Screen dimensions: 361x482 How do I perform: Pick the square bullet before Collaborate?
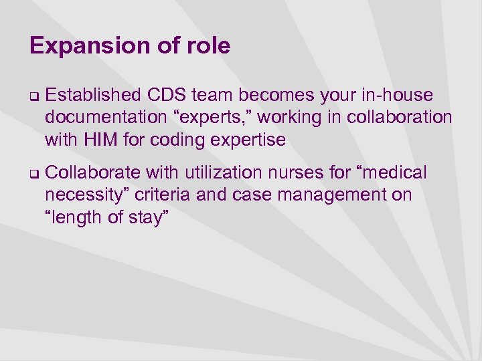click(33, 174)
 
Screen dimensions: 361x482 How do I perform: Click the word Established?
click(92, 96)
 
